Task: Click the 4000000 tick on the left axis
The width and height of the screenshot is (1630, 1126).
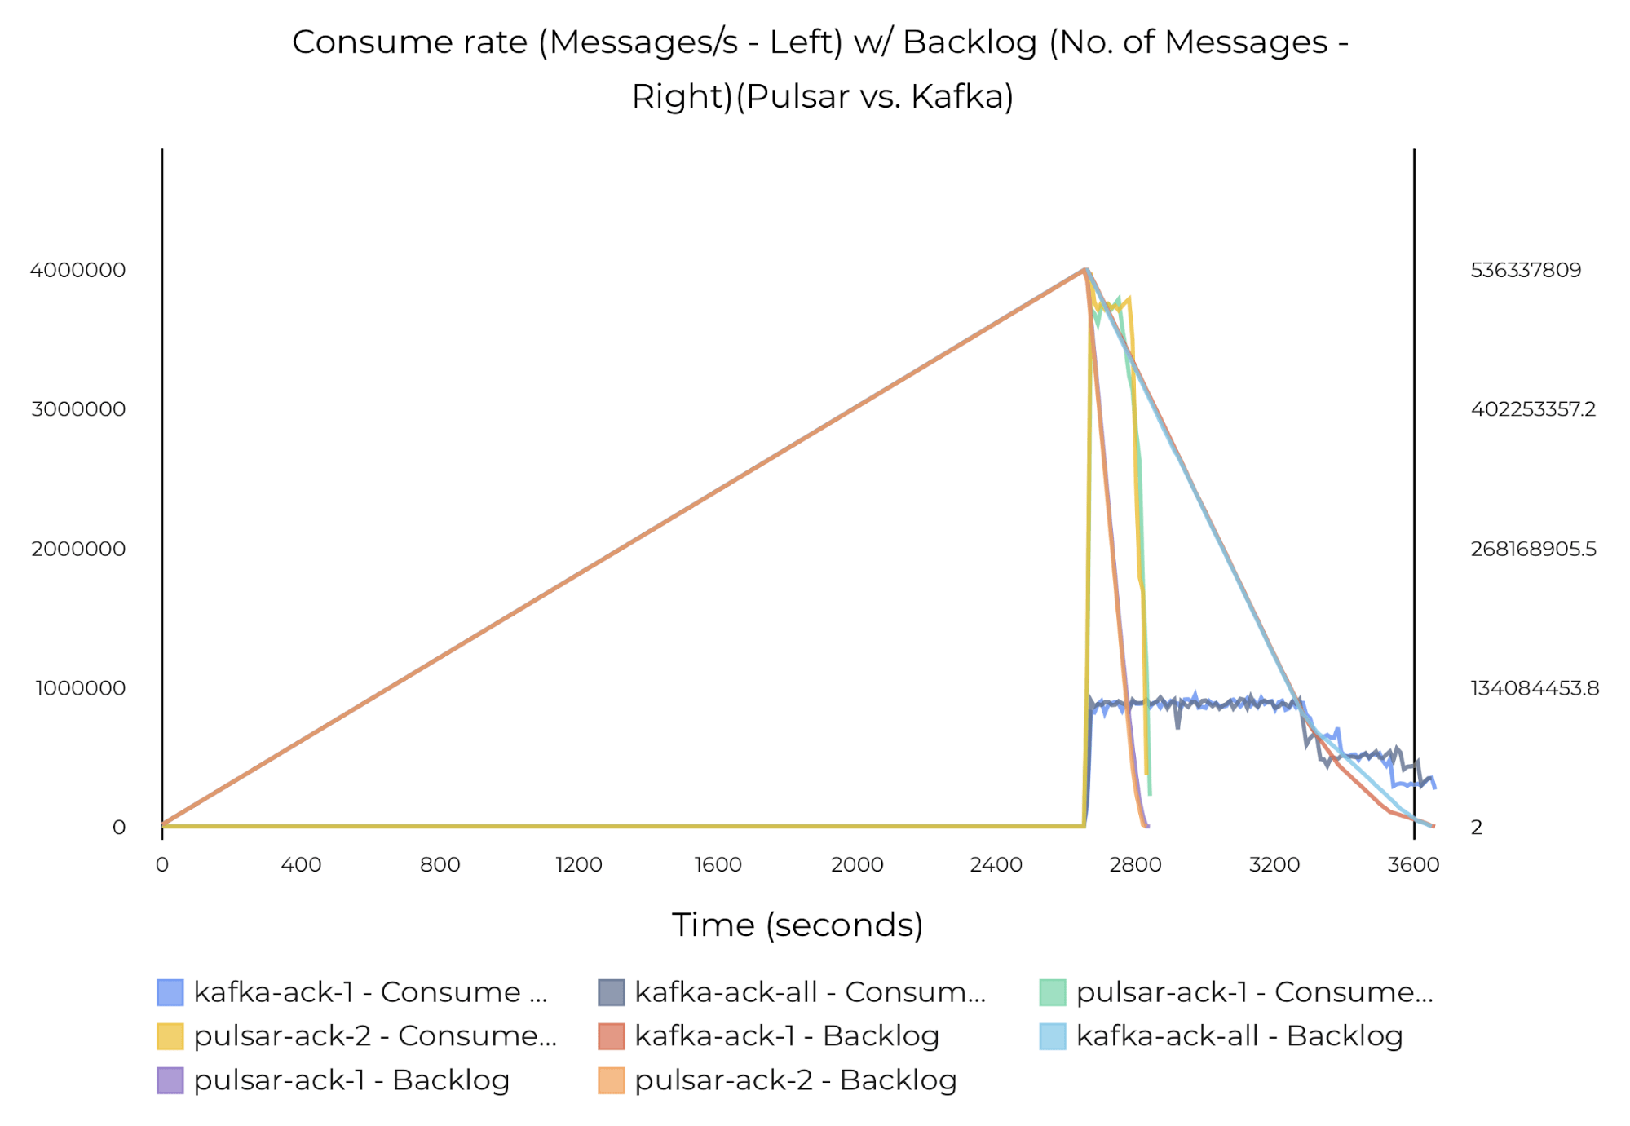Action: click(x=78, y=270)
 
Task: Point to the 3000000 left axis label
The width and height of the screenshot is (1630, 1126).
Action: click(x=78, y=409)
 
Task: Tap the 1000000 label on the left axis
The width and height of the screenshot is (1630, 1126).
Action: click(x=80, y=688)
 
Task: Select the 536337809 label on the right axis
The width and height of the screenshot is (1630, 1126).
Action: click(x=1525, y=270)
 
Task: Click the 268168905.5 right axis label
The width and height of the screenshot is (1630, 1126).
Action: click(x=1533, y=549)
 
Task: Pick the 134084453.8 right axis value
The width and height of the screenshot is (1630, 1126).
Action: click(x=1534, y=688)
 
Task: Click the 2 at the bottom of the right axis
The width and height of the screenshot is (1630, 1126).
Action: click(x=1476, y=828)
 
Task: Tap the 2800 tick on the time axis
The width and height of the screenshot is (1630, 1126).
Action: click(x=1135, y=864)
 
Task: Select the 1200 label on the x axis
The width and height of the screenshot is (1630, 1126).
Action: click(x=579, y=864)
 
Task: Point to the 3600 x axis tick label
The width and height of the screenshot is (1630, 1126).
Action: click(x=1413, y=864)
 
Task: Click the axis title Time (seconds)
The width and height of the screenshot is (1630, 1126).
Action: click(x=797, y=925)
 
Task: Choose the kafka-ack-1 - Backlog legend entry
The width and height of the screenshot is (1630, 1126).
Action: click(x=786, y=1035)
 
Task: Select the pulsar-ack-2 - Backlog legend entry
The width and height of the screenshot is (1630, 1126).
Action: click(x=795, y=1080)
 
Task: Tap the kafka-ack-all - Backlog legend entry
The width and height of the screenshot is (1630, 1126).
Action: click(x=1239, y=1035)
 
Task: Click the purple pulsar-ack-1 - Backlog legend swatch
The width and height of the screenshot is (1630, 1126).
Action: click(x=170, y=1080)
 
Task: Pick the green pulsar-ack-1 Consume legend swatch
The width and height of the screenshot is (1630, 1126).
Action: click(x=1053, y=992)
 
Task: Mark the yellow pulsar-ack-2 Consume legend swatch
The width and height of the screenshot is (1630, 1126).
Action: click(x=170, y=1036)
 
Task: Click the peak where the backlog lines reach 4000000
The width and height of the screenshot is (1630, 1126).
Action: click(x=1085, y=270)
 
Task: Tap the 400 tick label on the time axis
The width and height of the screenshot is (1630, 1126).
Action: click(x=301, y=864)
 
